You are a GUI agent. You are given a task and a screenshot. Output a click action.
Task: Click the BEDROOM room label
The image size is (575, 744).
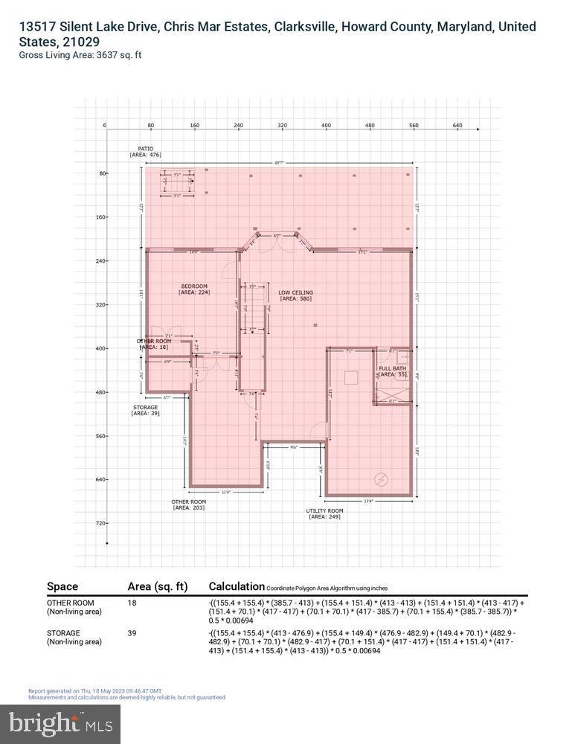(x=194, y=286)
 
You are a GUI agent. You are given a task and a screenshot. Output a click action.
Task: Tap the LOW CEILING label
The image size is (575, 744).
(x=295, y=292)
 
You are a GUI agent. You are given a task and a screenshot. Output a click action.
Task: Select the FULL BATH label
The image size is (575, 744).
(x=392, y=369)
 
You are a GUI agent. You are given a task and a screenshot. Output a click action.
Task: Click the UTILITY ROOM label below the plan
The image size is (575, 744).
(x=325, y=511)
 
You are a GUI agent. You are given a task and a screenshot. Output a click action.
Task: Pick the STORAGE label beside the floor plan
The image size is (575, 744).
(x=145, y=408)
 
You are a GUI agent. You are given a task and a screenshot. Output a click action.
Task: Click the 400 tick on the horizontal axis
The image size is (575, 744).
(x=326, y=126)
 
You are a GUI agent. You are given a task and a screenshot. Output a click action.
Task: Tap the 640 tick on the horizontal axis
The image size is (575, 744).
(x=457, y=126)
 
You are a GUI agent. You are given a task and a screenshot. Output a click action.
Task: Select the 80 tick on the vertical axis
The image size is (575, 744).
(x=102, y=173)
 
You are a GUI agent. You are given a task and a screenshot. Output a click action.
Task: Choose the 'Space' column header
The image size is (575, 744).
(x=62, y=586)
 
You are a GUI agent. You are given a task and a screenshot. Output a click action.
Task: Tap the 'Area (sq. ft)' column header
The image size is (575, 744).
(x=158, y=586)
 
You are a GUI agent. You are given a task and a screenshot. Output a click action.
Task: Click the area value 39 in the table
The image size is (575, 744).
(x=132, y=633)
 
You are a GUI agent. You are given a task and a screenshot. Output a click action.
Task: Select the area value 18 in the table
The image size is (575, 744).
(x=132, y=603)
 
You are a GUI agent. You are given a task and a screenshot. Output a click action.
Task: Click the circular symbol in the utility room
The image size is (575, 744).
(x=382, y=480)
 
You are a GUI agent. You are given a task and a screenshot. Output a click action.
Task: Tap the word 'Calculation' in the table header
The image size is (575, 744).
(x=237, y=586)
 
